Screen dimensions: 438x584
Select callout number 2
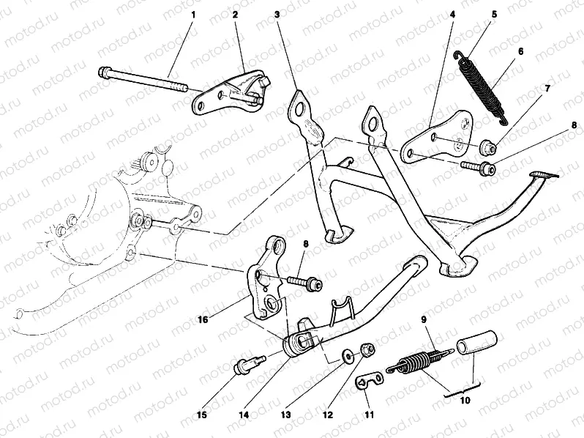(236, 14)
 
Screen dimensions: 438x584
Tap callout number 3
(277, 14)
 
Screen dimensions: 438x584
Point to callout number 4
(453, 14)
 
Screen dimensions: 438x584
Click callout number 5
(494, 14)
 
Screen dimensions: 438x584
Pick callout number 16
(203, 320)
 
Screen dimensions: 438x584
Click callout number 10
(465, 401)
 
